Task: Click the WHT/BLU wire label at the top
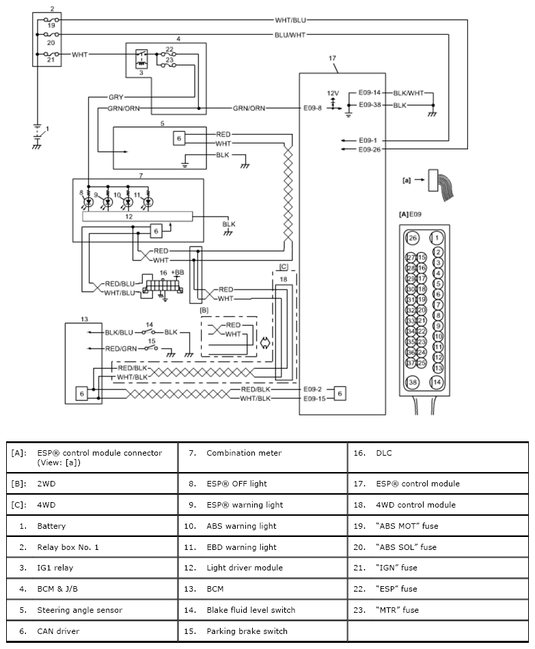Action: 290,20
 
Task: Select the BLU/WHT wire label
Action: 290,35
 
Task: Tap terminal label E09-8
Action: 313,108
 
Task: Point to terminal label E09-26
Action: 370,150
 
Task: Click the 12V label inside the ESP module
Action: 333,93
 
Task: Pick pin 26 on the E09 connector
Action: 413,238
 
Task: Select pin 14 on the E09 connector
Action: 437,382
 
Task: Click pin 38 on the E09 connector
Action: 413,382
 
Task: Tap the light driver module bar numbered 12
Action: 137,217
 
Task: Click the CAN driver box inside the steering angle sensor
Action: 179,138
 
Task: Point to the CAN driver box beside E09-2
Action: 340,393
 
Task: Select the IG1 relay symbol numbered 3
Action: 141,59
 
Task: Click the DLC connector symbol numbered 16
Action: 163,286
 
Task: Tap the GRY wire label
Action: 116,97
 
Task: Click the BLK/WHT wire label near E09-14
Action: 409,93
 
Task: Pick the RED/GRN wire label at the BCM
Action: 121,348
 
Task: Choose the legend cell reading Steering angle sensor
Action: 80,610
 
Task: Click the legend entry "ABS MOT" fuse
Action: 407,526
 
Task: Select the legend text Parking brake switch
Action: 247,631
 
